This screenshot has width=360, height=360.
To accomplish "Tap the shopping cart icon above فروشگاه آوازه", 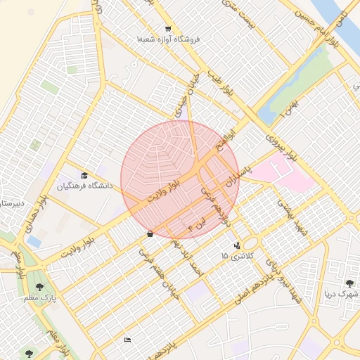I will pyautogui.click(x=168, y=29).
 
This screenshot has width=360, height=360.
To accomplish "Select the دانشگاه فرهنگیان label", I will pyautogui.click(x=84, y=186).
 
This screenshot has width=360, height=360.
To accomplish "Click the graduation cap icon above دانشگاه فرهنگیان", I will pyautogui.click(x=84, y=176).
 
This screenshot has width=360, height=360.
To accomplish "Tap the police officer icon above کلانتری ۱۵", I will pyautogui.click(x=237, y=245).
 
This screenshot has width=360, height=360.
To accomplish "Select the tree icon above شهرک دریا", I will pyautogui.click(x=348, y=283).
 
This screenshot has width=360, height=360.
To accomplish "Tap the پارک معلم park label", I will pyautogui.click(x=39, y=297).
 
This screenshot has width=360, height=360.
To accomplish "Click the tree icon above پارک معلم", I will pyautogui.click(x=39, y=287).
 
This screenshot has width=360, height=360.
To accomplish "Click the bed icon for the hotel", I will pyautogui.click(x=127, y=340).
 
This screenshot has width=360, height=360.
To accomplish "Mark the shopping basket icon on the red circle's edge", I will pyautogui.click(x=150, y=234).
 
